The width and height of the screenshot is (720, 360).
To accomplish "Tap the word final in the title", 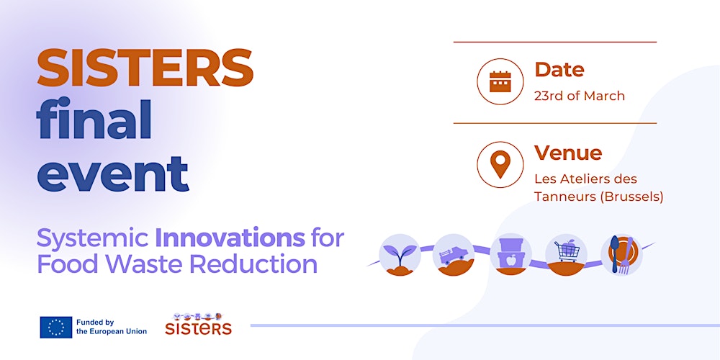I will pos(94,121).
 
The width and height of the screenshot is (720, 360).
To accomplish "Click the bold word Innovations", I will pos(230,237).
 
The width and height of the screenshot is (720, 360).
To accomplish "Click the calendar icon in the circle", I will pos(500,81).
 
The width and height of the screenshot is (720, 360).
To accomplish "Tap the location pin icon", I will pos(500,164).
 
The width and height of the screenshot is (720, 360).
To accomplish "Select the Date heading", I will pos(559,70).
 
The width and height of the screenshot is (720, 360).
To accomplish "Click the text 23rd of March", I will pos(579,96).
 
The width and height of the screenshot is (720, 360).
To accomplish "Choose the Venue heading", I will pos(567,153).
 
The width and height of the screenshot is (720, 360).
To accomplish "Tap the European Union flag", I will pos(55,327).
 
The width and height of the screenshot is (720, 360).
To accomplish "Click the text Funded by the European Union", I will pos(112,327).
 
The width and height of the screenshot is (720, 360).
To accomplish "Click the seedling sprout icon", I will pos(400,253).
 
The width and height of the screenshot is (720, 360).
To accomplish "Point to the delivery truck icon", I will pos(454,254).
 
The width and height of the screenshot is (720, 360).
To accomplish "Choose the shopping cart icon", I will pos(567,253).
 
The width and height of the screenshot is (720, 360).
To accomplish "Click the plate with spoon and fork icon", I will pos(621,254).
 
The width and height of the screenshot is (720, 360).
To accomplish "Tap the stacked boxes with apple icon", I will pos(510,253).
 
